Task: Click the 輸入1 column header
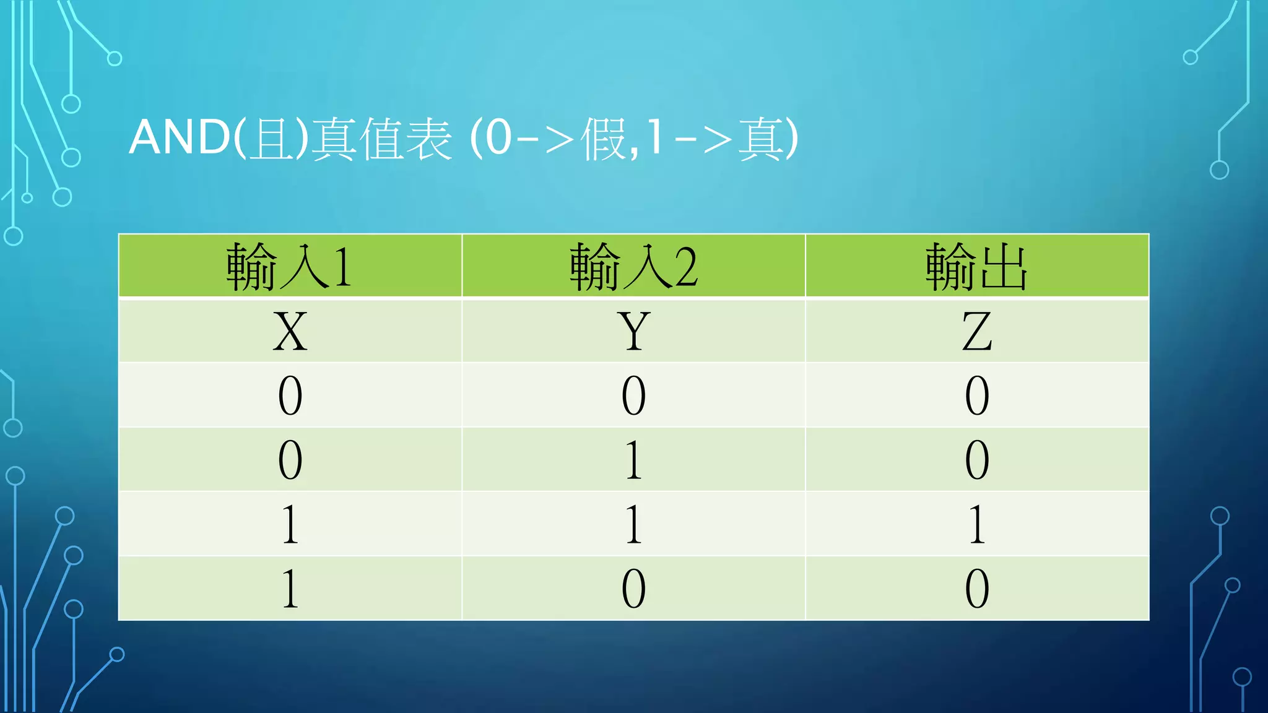[290, 267]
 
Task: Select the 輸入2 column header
[633, 267]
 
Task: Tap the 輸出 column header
[976, 267]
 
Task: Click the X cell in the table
[290, 332]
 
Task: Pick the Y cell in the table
[633, 332]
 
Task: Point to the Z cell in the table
[976, 332]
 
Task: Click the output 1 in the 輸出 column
[976, 524]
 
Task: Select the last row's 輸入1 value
[290, 589]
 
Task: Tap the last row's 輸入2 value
[633, 589]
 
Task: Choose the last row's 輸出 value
[976, 589]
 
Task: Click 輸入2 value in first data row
[633, 395]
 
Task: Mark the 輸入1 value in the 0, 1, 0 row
[290, 460]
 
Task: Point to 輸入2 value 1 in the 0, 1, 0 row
[633, 460]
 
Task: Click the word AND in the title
[180, 137]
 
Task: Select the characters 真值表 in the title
[381, 139]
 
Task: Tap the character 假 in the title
[604, 139]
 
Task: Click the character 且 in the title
[271, 139]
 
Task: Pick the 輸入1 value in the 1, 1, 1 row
[290, 524]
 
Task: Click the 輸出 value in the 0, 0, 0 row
[976, 395]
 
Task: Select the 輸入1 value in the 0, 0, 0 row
[290, 395]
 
